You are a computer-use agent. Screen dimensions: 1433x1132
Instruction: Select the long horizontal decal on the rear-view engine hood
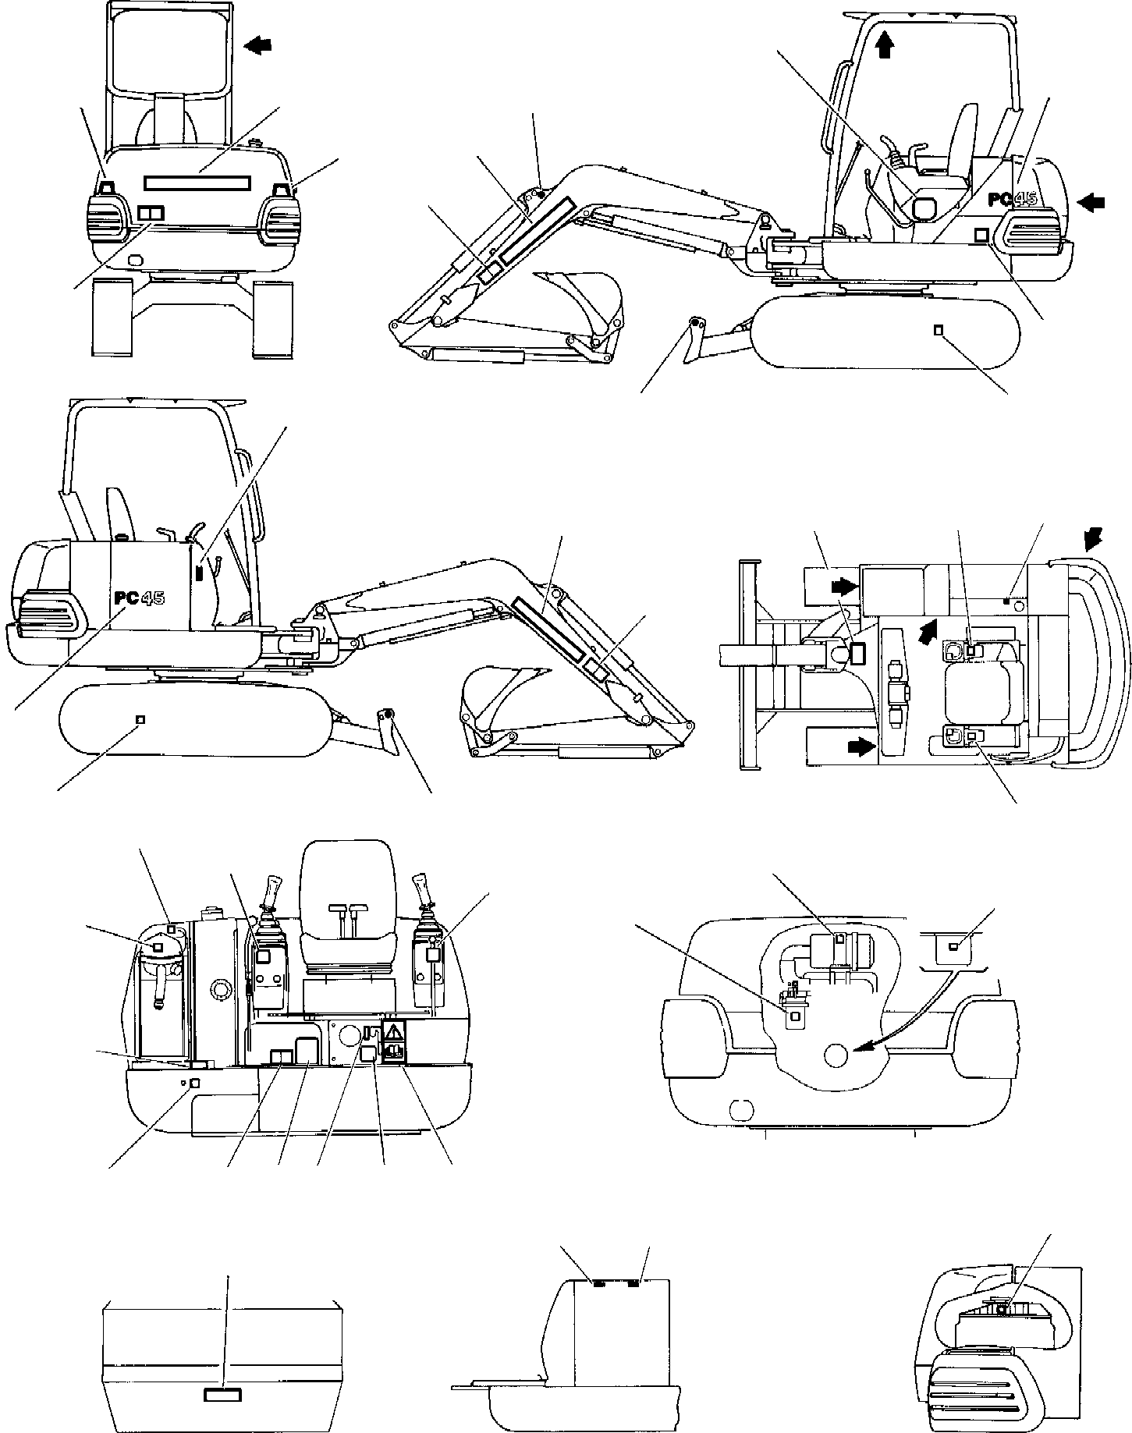pos(197,182)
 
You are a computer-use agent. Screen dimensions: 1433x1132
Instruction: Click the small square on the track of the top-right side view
pos(939,330)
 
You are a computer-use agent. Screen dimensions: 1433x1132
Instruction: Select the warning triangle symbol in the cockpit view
pos(394,1030)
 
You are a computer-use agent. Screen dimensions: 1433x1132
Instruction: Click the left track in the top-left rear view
pos(112,319)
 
